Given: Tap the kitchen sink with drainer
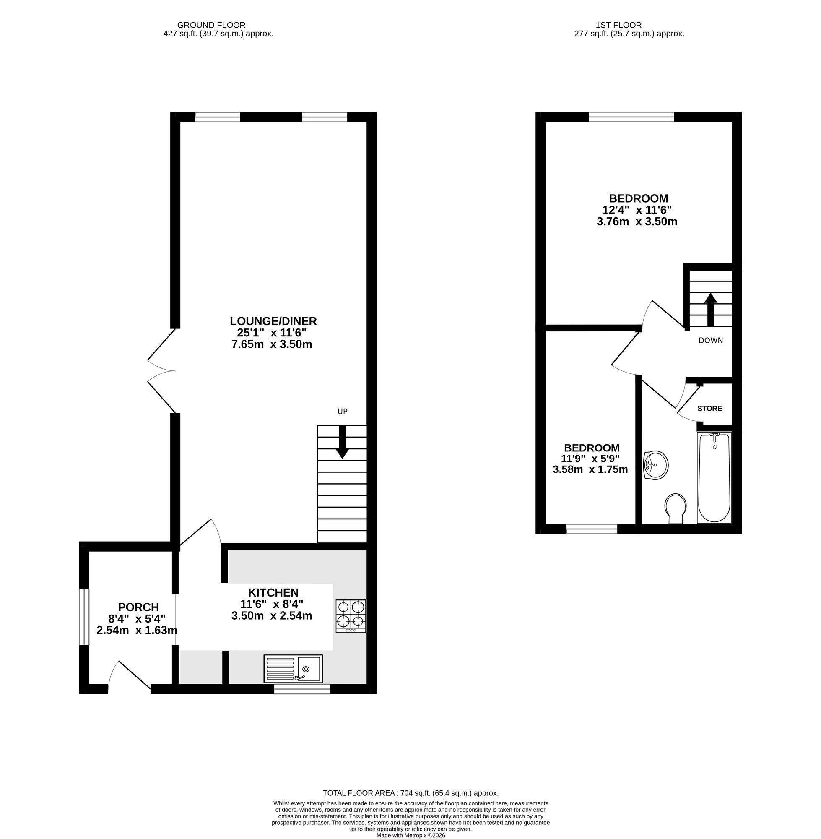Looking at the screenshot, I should (x=293, y=669).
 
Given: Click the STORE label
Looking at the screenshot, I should (x=709, y=409).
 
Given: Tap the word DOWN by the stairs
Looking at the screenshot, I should (x=711, y=340).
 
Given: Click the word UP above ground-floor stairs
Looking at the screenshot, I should (x=342, y=412).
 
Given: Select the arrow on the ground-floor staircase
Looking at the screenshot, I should (x=343, y=442).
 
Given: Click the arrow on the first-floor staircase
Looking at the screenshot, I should (x=711, y=309).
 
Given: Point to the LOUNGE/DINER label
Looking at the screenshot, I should (x=273, y=321).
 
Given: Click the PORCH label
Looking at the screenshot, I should (x=138, y=607).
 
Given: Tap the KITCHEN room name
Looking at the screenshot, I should (x=273, y=592).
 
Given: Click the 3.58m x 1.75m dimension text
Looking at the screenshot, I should (x=590, y=469).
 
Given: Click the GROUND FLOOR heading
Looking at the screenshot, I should (x=211, y=25).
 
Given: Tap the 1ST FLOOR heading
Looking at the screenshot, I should (x=619, y=25).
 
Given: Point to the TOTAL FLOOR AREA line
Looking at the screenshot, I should (x=410, y=793).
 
